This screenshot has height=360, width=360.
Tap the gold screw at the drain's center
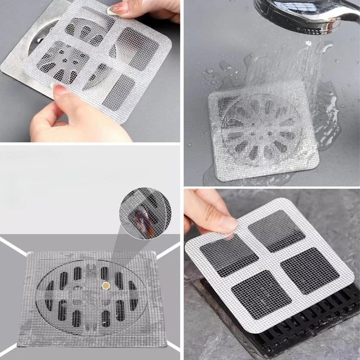[106, 285]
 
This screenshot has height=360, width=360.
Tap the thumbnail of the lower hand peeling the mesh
[61, 89]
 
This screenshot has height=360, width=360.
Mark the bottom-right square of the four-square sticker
[310, 270]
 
